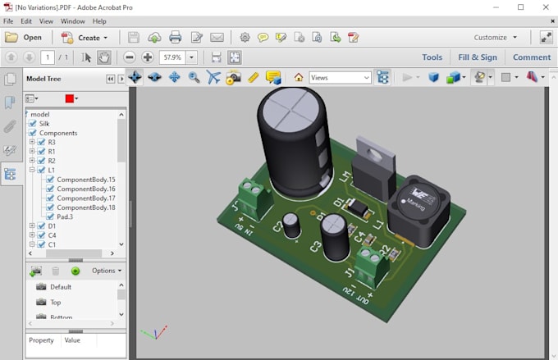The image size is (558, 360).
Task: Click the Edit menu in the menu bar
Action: (x=26, y=21)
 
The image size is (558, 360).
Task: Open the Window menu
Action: (x=72, y=21)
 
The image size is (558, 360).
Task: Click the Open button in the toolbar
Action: (x=24, y=38)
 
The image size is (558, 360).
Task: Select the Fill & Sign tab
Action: (x=477, y=57)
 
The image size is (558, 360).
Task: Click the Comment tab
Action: (x=531, y=57)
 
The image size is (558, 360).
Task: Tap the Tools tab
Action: (x=432, y=57)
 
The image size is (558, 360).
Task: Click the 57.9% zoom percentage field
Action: (x=172, y=57)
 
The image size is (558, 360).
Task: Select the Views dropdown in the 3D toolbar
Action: (x=340, y=78)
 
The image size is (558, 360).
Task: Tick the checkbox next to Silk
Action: (x=33, y=124)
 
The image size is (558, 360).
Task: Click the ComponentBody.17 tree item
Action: (x=85, y=198)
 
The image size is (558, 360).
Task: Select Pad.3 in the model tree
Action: (x=65, y=217)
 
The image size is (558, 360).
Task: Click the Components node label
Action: (x=58, y=133)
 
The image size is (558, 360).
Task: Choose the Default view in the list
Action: (x=61, y=287)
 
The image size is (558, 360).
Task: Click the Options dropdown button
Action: (x=106, y=271)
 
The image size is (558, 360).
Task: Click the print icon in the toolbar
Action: (x=175, y=38)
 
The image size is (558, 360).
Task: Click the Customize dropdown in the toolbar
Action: (x=495, y=38)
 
